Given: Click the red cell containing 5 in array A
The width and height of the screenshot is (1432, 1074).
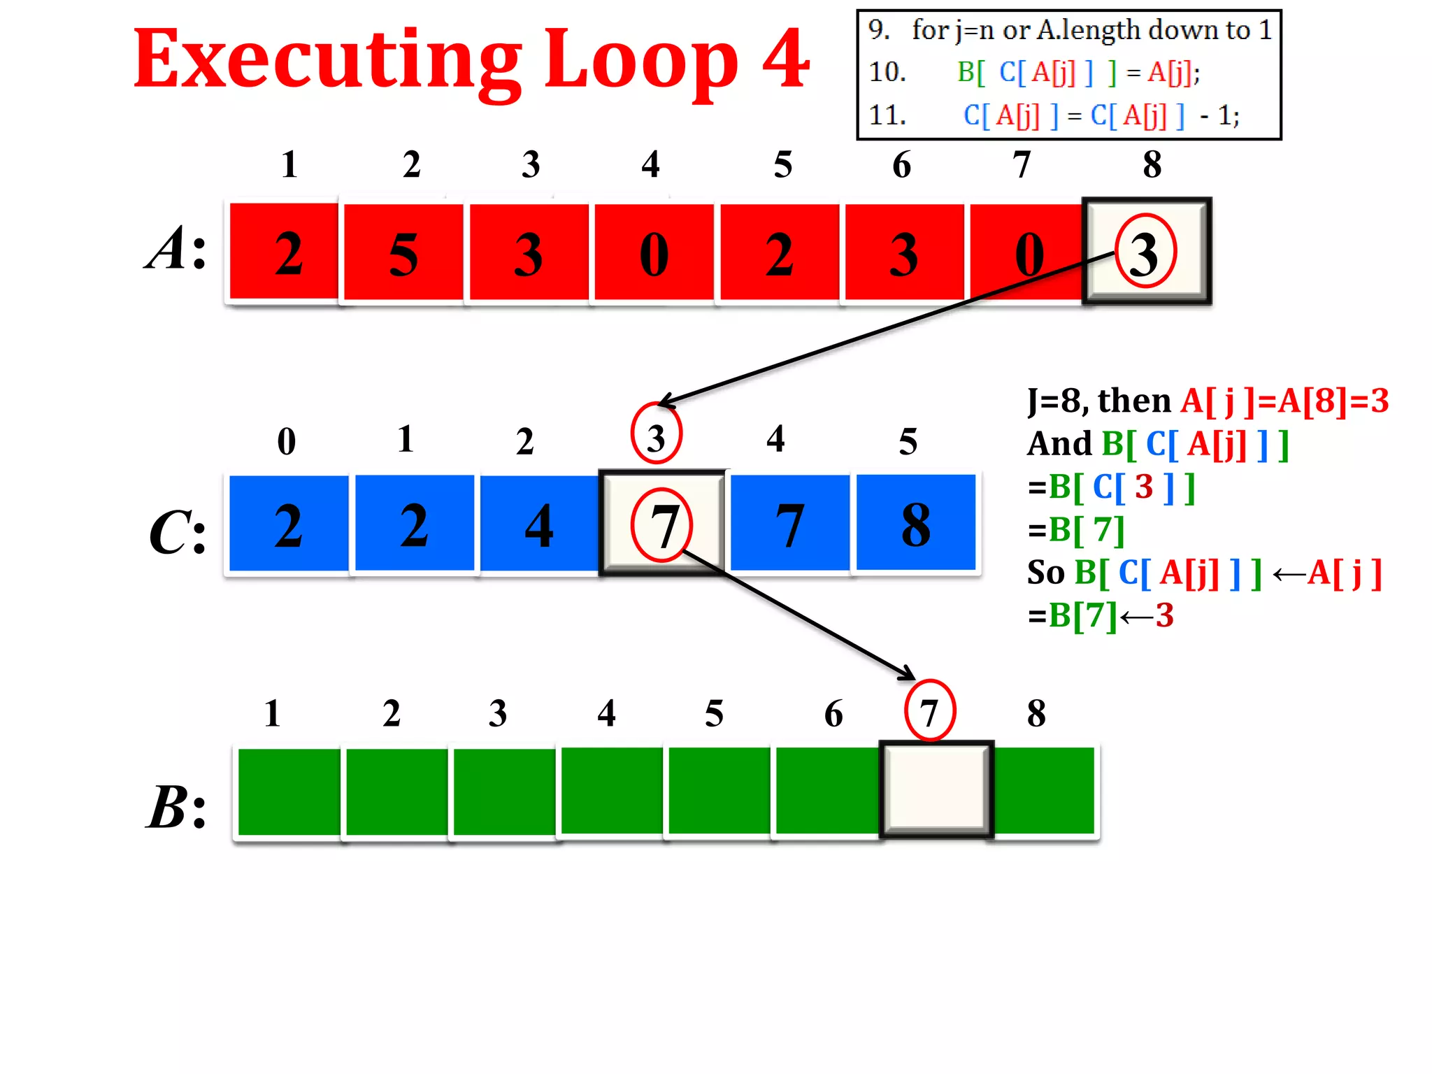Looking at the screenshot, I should tap(403, 252).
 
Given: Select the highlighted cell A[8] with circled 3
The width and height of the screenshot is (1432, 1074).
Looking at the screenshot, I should tap(1147, 252).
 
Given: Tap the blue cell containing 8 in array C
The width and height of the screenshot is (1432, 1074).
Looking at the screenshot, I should tap(915, 524).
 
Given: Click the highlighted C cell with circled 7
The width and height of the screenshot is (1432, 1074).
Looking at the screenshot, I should tap(662, 524).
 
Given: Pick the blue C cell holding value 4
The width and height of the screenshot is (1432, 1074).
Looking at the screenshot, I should tap(539, 524).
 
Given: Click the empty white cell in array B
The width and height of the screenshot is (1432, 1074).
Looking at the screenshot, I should tap(936, 789).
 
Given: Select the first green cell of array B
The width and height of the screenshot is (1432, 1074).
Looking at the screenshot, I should tap(289, 792).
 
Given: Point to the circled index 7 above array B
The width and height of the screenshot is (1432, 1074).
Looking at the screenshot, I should tap(929, 711).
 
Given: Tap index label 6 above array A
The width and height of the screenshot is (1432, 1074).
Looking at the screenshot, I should tap(902, 165).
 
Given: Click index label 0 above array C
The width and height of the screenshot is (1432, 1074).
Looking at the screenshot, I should tap(287, 441).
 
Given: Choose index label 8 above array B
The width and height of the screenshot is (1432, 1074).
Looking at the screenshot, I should tap(1036, 713).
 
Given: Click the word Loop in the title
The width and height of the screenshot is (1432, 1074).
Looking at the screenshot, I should tap(640, 62).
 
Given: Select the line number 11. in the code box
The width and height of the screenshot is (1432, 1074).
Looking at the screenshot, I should tap(887, 115).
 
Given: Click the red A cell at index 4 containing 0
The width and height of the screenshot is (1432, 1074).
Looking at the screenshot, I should tap(654, 252).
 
